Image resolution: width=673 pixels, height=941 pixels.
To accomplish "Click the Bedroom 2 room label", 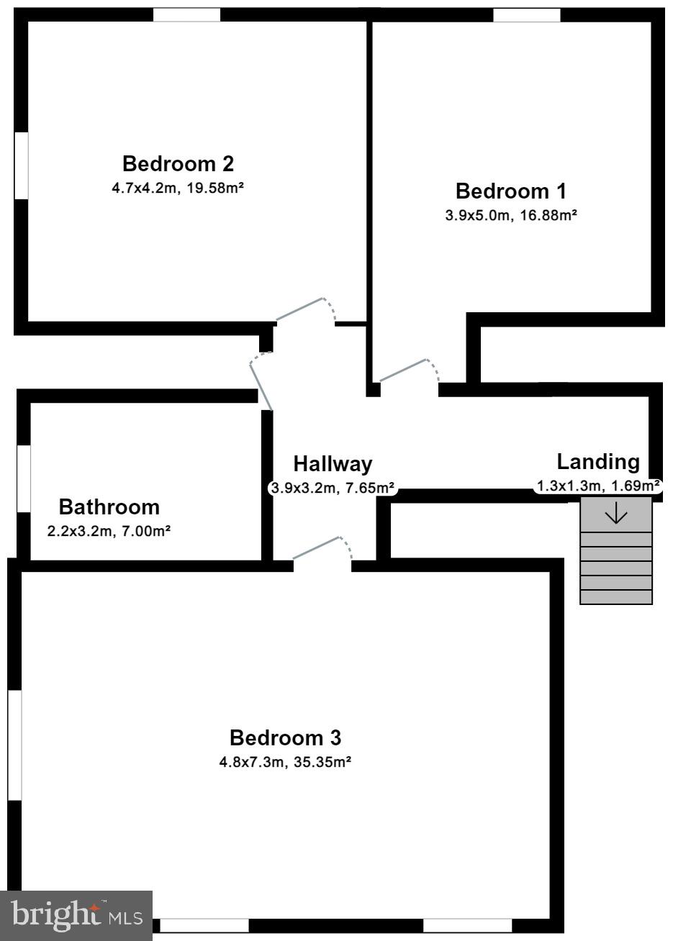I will point(178,164).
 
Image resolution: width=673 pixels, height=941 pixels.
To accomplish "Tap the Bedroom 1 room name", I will point(510,191).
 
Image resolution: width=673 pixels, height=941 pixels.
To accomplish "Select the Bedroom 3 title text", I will point(285,738).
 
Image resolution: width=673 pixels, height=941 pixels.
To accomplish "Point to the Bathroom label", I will point(109,507).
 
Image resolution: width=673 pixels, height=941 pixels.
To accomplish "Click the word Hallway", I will point(333,464).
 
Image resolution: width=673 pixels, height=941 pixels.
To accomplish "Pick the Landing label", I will point(597,462).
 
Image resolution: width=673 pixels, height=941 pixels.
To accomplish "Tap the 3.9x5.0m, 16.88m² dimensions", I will point(510,215).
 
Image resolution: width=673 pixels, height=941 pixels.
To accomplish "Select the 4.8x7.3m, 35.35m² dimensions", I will point(285,762).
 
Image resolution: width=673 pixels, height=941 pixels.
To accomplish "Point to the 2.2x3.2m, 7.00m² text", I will point(109,532).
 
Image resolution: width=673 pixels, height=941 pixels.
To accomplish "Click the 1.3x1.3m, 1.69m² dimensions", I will point(597,486).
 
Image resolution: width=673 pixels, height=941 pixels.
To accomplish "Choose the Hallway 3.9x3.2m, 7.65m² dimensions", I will point(333,488).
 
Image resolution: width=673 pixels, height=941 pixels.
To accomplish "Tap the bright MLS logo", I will point(76,915).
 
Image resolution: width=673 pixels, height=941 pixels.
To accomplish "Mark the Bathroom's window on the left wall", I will point(24,478).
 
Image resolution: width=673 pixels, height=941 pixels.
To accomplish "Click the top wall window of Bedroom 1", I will point(526,15).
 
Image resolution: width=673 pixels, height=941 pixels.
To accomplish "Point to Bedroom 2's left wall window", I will point(21,165).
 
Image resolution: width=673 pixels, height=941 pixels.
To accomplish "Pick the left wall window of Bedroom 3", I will point(14,745).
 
